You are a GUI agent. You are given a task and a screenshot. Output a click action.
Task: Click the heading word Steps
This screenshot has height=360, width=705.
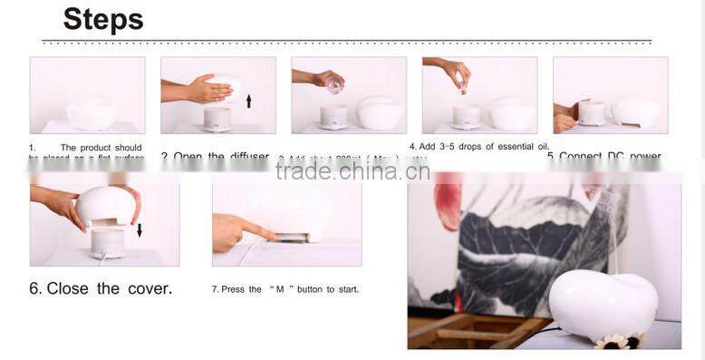point(103,19)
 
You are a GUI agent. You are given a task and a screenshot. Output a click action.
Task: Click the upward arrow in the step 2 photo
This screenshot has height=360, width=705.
point(248,101)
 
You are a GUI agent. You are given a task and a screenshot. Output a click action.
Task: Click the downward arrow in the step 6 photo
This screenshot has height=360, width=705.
point(139,229)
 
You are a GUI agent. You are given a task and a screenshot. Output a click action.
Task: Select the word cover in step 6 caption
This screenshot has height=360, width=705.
point(148,288)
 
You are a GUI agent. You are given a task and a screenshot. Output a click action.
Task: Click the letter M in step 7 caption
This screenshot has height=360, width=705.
point(280,289)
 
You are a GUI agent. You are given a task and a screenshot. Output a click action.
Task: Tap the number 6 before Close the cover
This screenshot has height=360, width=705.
point(34,288)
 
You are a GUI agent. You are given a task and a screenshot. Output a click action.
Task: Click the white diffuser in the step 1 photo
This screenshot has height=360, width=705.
point(92,114)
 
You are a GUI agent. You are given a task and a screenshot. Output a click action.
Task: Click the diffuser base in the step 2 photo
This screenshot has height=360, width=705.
point(217,119)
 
